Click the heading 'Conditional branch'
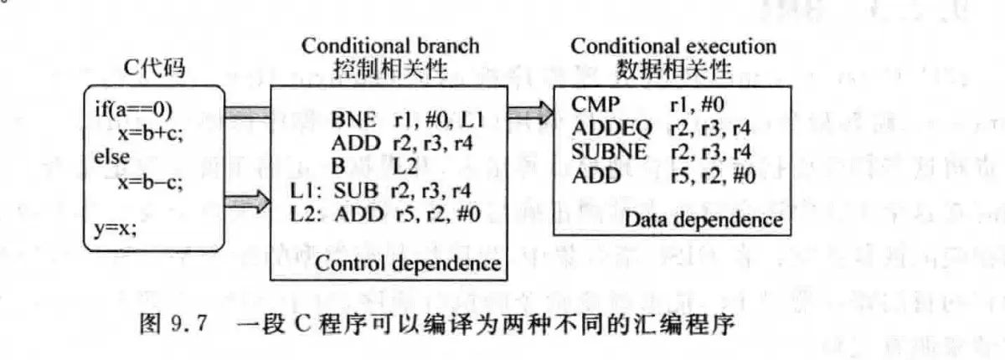coord(390,45)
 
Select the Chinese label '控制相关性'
coord(391,69)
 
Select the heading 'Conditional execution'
coord(673,45)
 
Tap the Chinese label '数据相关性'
coord(674,70)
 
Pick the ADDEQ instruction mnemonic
coord(608,128)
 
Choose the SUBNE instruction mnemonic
coord(608,152)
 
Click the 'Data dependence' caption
coord(703,221)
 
